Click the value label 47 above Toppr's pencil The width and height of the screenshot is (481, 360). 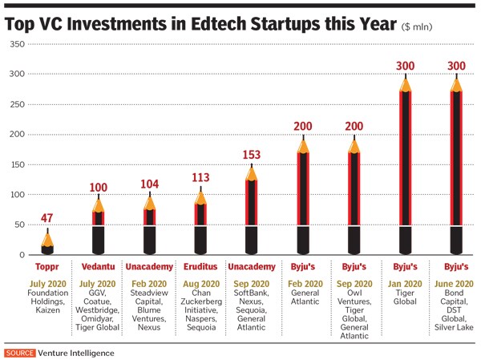tap(47, 217)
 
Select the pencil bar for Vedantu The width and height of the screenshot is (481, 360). tap(99, 229)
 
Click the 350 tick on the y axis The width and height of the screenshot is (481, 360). tap(15, 44)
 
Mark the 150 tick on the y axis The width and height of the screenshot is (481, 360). tap(15, 165)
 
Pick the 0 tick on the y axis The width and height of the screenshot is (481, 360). tap(22, 255)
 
